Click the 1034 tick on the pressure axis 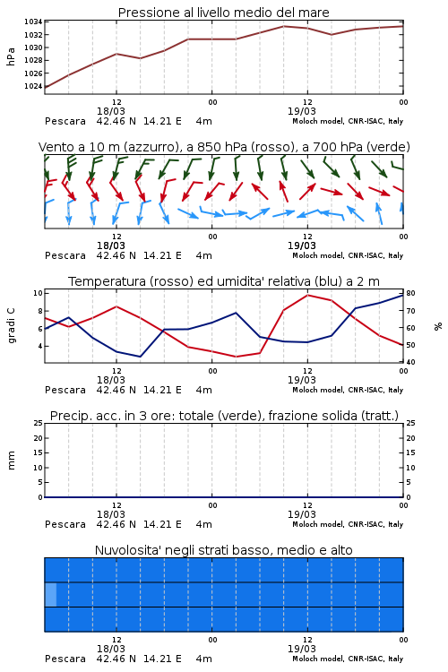[33, 22]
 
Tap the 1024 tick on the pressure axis [33, 86]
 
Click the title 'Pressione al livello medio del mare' [224, 13]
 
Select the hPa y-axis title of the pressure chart [11, 56]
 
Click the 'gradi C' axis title [11, 326]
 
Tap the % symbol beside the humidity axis [438, 326]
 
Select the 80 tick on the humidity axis [410, 294]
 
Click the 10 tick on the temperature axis [38, 293]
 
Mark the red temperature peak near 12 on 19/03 [308, 295]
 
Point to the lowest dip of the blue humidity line [140, 357]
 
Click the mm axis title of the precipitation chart [11, 460]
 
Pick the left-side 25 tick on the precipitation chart [38, 423]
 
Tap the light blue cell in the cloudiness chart [50, 594]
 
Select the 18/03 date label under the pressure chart [111, 111]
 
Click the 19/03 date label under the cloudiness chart [302, 649]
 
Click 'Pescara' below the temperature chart [65, 390]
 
